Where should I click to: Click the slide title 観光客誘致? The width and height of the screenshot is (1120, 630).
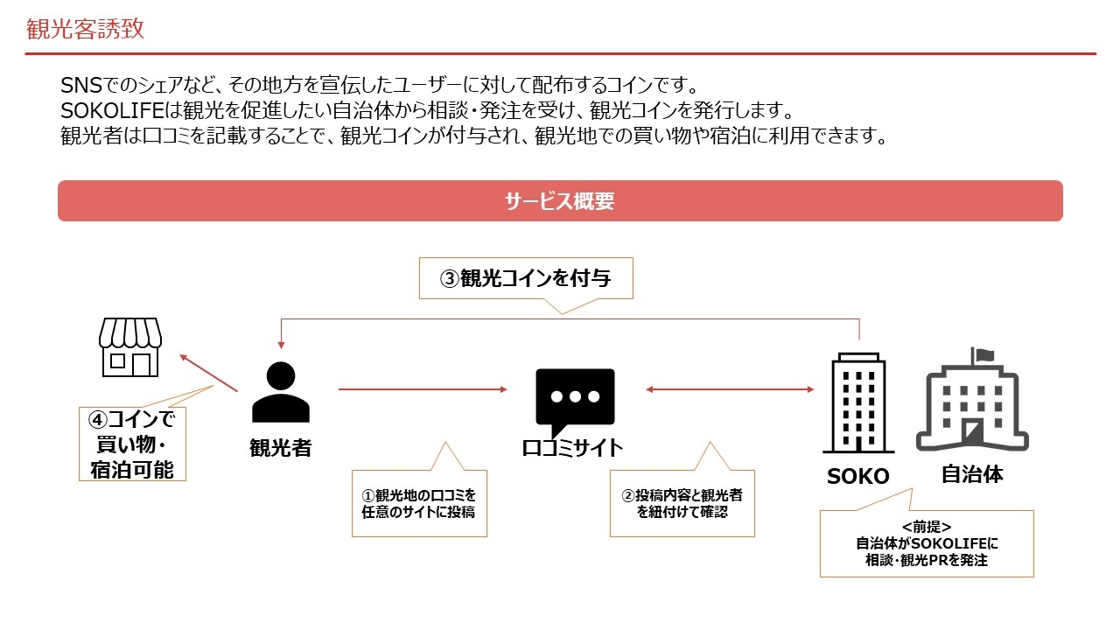click(x=85, y=30)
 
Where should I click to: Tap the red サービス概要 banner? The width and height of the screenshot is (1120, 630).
click(x=560, y=201)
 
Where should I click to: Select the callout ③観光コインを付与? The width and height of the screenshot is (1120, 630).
click(x=525, y=279)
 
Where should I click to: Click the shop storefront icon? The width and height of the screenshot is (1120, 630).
click(x=130, y=346)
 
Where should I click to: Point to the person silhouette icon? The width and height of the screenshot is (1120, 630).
click(x=281, y=393)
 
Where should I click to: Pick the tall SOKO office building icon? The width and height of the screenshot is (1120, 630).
click(x=858, y=402)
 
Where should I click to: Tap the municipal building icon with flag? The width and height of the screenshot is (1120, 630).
click(x=972, y=400)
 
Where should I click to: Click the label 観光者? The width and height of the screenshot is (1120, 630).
click(x=281, y=448)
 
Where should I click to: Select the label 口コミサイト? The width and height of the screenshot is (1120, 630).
click(x=573, y=448)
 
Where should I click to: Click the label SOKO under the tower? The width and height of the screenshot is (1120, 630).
click(x=857, y=477)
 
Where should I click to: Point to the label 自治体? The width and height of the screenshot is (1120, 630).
click(x=972, y=475)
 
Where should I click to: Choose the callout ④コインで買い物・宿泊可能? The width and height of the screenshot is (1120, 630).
click(x=133, y=444)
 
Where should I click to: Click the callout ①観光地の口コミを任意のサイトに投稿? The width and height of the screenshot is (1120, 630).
click(x=419, y=503)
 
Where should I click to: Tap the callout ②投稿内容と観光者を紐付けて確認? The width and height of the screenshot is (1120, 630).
click(x=682, y=503)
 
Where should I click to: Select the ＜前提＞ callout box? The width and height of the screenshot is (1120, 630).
click(x=927, y=543)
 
